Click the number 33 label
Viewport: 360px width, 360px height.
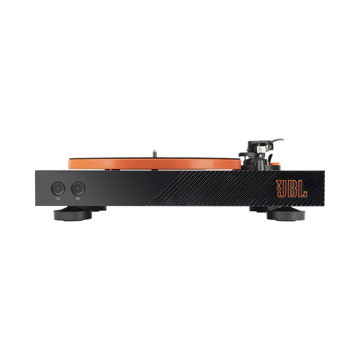[58, 199]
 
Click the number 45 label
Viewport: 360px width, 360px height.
[78, 199]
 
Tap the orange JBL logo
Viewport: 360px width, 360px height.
[291, 188]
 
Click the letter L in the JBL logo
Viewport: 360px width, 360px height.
[302, 188]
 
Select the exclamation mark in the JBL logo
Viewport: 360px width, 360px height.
[279, 188]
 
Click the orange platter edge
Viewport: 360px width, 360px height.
[155, 164]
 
